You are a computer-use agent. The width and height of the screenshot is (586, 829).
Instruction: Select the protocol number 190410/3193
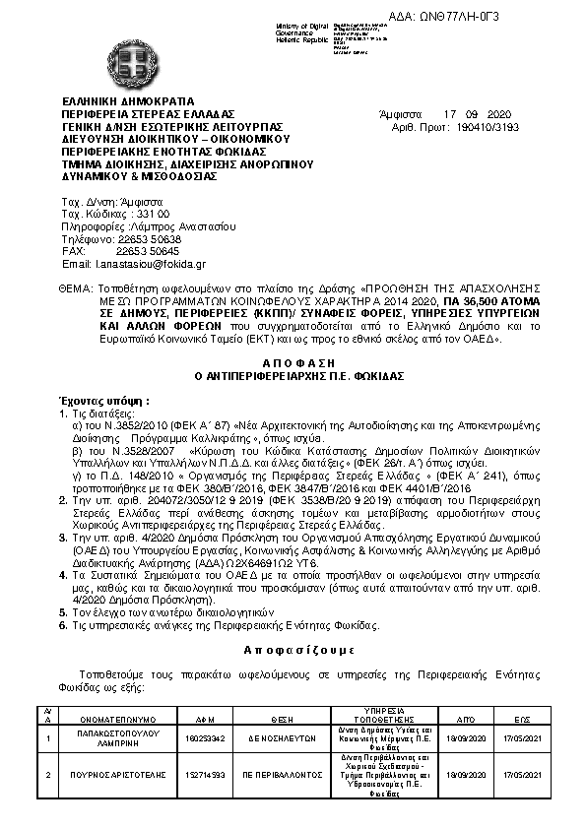(484, 127)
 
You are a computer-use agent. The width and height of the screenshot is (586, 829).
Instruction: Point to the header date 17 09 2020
(478, 114)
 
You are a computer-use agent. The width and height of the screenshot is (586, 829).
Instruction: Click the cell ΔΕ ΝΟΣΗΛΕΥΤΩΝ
(282, 736)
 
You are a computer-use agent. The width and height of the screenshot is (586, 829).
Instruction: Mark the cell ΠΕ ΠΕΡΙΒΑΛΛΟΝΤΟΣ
(282, 776)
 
